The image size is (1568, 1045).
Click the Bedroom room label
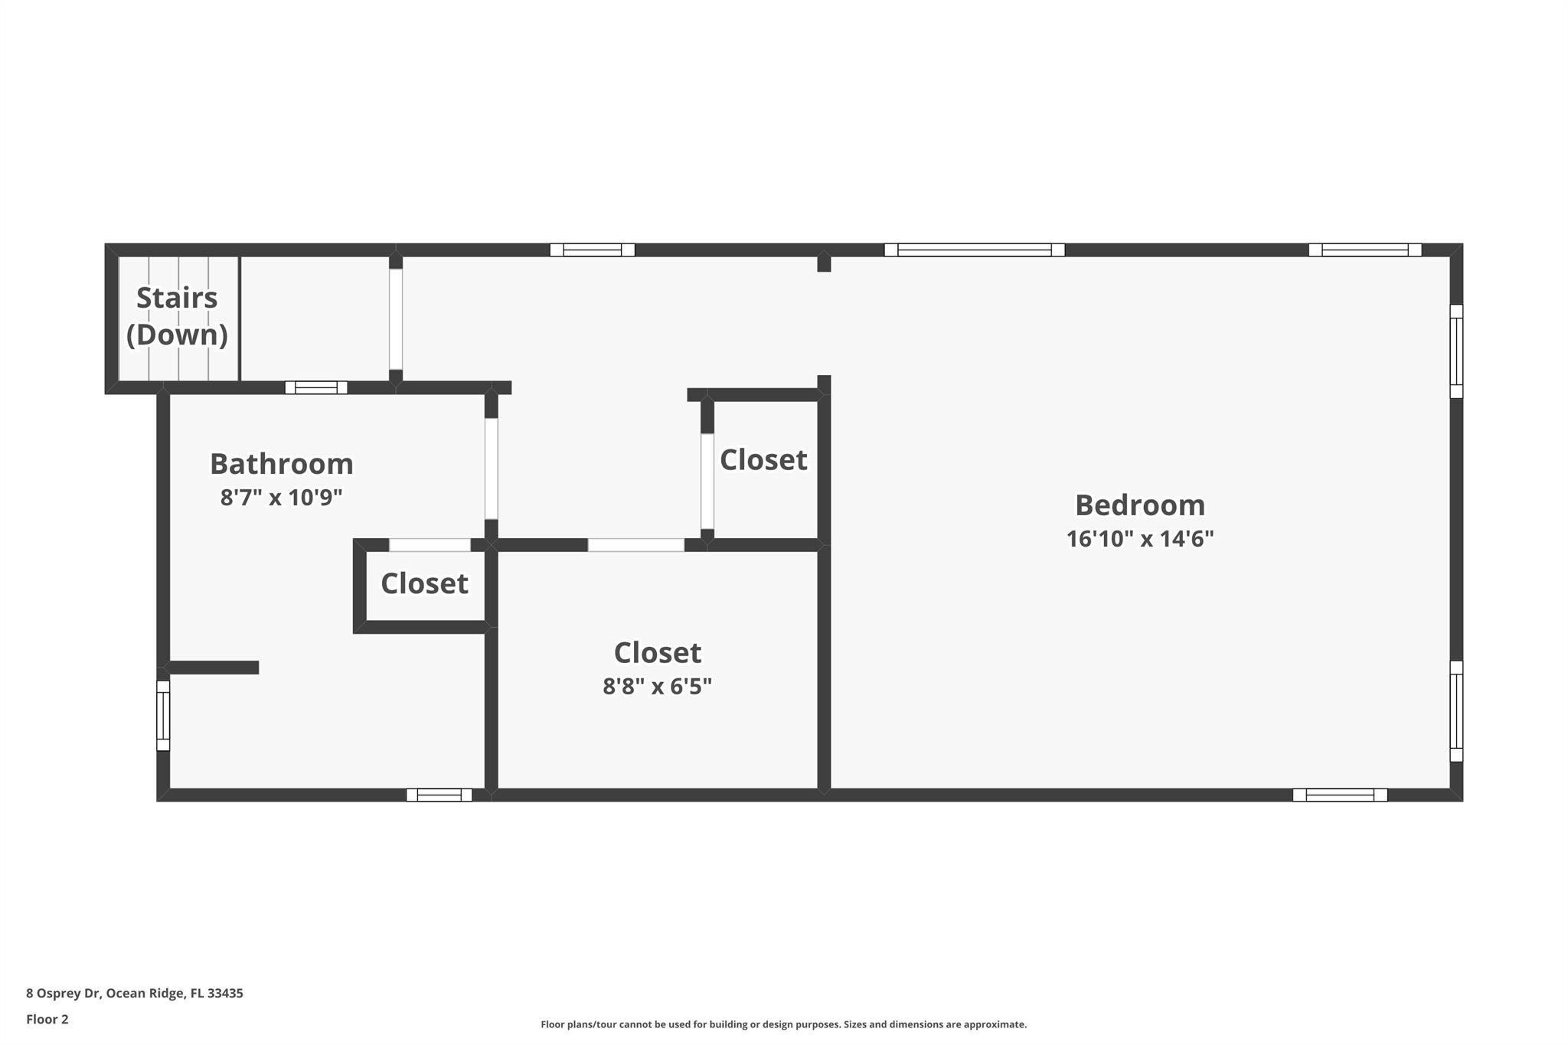coord(1139,505)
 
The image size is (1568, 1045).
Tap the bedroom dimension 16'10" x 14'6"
coord(1139,539)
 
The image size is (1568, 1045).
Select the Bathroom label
coord(281,464)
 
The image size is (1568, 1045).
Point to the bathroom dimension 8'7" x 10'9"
coord(281,498)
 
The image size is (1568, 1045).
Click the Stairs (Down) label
coord(177,315)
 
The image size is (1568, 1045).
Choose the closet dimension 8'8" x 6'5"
coord(657,686)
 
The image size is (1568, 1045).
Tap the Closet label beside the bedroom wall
coord(763,460)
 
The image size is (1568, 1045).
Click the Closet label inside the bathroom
coord(424,583)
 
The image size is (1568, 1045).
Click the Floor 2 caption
coord(47,1019)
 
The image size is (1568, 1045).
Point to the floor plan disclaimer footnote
coord(783,1024)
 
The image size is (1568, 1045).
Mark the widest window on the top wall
coord(974,250)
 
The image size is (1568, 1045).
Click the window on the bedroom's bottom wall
coord(1340,795)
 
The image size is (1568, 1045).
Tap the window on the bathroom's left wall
coord(163,716)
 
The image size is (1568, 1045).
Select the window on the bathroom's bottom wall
coord(439,795)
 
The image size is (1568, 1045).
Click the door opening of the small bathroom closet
coord(430,545)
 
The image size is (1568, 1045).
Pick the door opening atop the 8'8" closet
coord(635,545)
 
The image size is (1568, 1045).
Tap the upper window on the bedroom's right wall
coord(1456,351)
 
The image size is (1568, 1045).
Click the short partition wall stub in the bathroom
coord(214,668)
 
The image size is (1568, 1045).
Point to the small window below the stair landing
coord(316,387)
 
